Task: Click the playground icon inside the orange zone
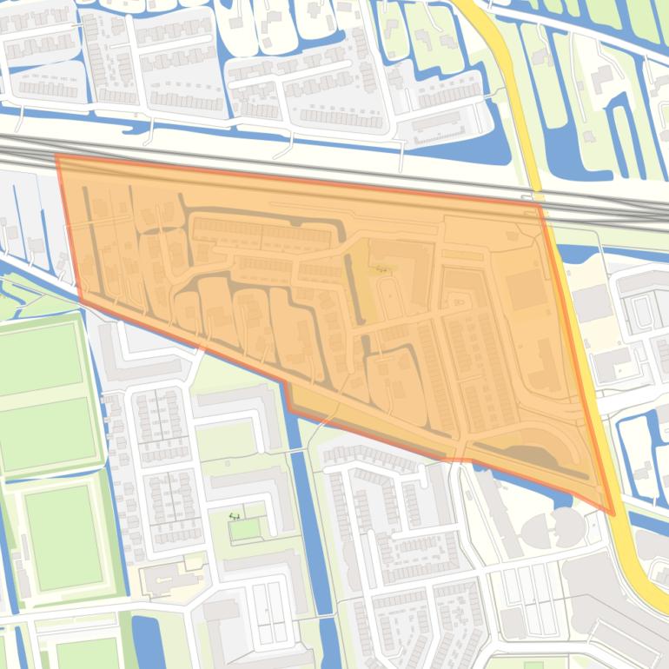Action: (383, 269)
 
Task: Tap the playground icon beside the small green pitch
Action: (235, 516)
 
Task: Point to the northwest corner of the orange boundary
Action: (56, 156)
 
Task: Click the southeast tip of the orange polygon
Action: (613, 514)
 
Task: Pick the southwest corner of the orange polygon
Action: (80, 300)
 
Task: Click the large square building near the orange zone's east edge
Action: (527, 290)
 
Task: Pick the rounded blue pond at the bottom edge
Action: (148, 643)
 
